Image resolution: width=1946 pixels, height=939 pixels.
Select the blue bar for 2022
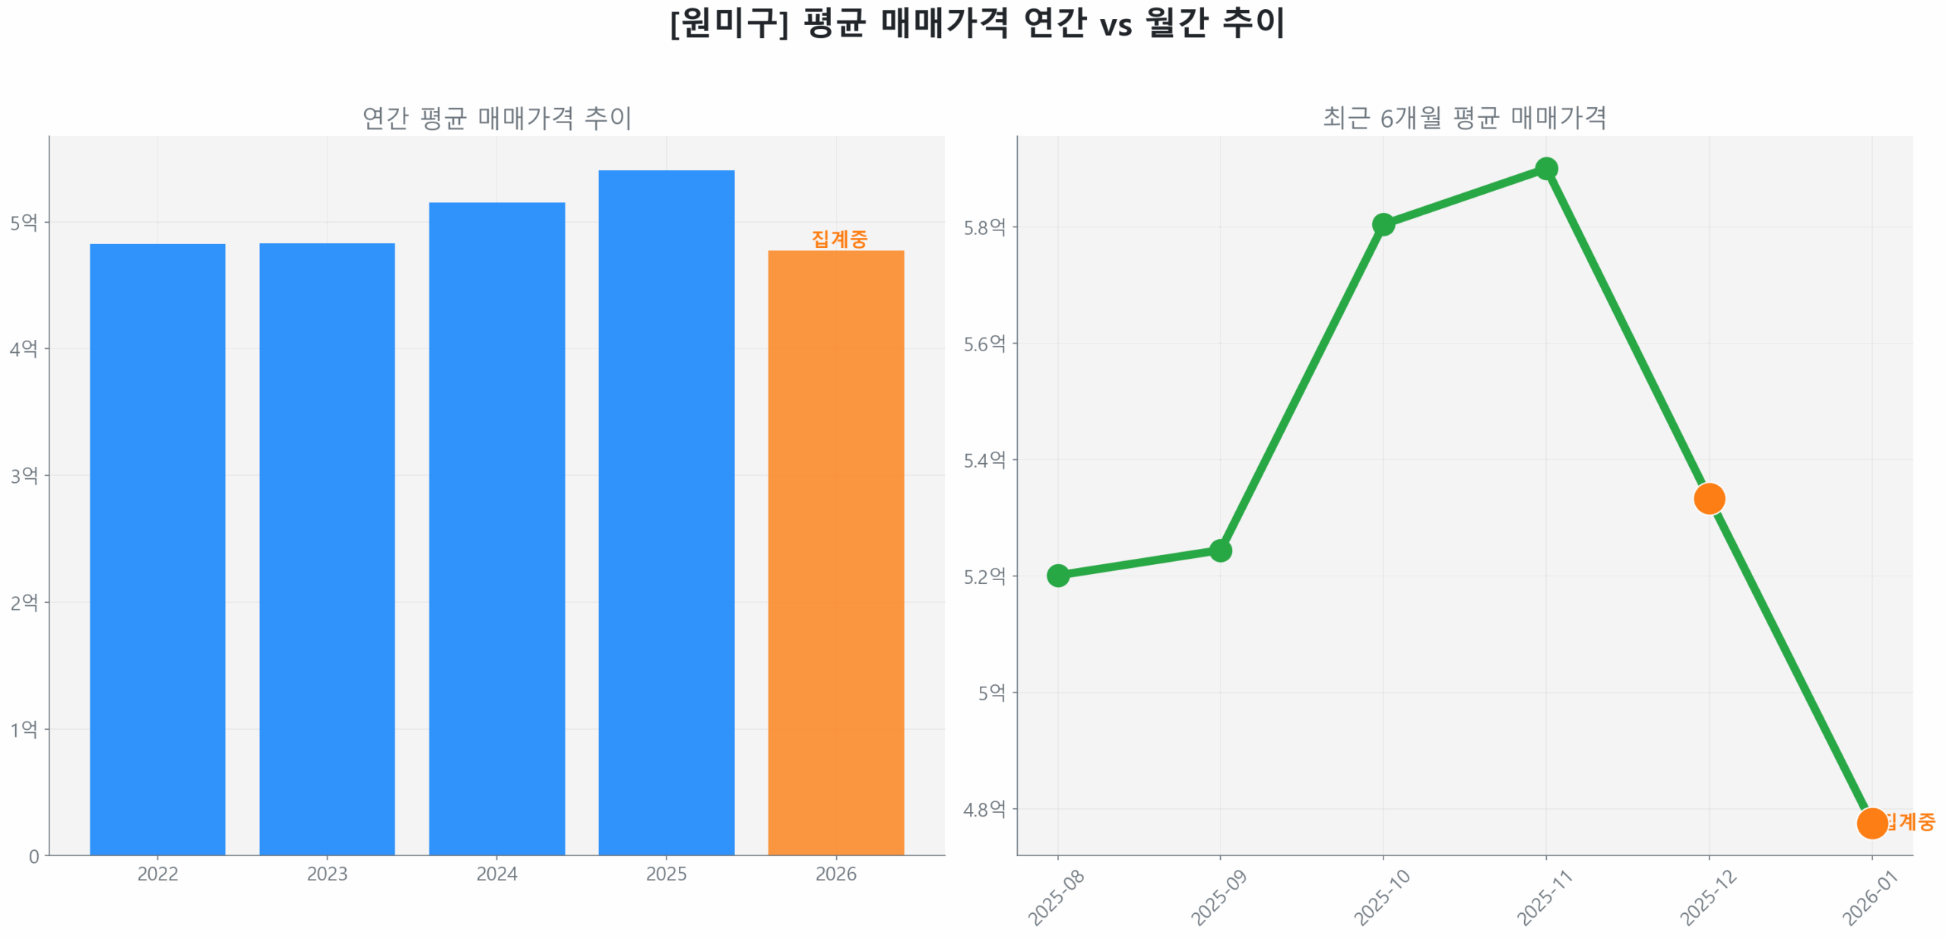[157, 547]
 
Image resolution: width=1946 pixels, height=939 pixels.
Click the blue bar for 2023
[327, 547]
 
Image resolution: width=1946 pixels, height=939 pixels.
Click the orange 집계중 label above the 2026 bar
[839, 239]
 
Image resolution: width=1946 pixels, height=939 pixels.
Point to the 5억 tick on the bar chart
[24, 223]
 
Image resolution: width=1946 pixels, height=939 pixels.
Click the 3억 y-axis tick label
[24, 476]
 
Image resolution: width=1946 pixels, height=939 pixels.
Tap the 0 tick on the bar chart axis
[34, 856]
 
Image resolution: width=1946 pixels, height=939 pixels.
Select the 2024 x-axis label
[496, 874]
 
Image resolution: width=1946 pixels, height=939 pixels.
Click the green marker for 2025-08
[1057, 576]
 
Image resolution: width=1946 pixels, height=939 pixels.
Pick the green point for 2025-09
[1220, 550]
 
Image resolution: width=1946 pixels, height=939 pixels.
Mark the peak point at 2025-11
[1545, 169]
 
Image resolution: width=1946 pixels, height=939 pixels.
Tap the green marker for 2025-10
[1383, 224]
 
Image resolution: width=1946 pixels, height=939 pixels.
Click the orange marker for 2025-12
[1709, 499]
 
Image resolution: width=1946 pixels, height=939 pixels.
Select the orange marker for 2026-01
[1872, 823]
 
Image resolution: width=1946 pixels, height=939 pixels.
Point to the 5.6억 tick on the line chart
[984, 344]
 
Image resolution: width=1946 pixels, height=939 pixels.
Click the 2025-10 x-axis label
[1381, 897]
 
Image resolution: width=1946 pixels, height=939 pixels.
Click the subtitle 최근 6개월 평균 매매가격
[1464, 118]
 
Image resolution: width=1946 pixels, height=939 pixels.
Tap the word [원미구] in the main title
[728, 23]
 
